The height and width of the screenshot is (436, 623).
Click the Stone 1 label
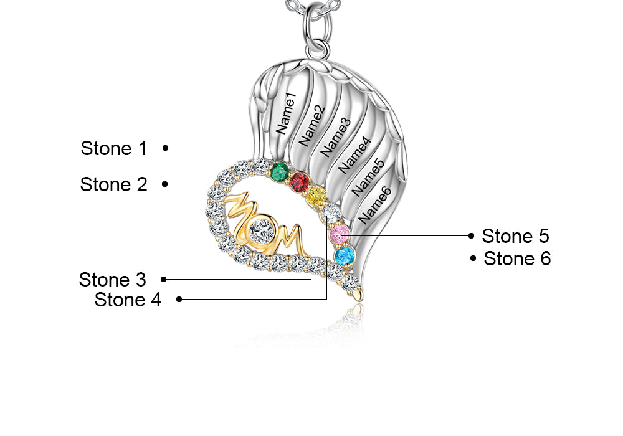point(114,148)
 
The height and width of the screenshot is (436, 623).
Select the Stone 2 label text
point(114,184)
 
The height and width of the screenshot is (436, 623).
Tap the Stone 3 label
point(113,279)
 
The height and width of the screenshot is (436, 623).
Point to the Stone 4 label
point(128,300)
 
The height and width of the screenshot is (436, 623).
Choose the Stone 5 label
point(516,236)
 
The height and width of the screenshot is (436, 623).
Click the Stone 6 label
point(517,258)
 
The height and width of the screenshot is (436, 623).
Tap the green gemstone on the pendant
point(280,169)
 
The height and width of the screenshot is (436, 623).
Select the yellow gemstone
point(316,196)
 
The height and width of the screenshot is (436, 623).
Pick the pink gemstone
point(340,235)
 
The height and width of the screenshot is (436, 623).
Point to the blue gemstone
point(344,255)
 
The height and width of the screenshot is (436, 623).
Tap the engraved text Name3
point(336,138)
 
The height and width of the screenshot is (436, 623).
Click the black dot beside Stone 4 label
point(179,300)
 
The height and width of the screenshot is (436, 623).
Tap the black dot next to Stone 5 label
point(472,236)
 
